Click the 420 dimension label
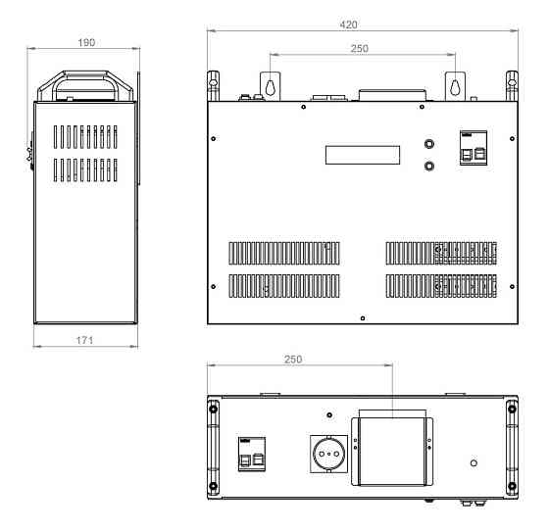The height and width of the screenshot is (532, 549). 348,24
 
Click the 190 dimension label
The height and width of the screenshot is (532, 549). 86,43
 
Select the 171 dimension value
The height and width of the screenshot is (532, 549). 84,340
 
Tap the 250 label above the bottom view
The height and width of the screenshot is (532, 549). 293,360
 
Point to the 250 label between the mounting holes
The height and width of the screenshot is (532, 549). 360,49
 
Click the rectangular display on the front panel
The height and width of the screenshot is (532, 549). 363,155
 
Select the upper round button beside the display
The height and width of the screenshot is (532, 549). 429,144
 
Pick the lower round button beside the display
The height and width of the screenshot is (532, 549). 429,166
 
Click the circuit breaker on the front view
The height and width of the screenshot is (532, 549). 474,148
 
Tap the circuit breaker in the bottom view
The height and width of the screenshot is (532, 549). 252,454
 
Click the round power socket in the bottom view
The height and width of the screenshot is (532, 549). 328,454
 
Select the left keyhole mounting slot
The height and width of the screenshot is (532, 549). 270,87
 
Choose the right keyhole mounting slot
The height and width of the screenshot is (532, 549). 455,87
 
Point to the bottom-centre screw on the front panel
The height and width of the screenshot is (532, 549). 363,318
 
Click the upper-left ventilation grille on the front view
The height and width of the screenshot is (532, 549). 284,253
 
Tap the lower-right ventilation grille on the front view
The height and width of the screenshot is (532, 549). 441,286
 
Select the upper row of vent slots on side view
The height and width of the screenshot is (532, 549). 85,137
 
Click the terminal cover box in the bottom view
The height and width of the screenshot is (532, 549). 392,452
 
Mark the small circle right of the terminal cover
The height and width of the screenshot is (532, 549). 474,463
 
